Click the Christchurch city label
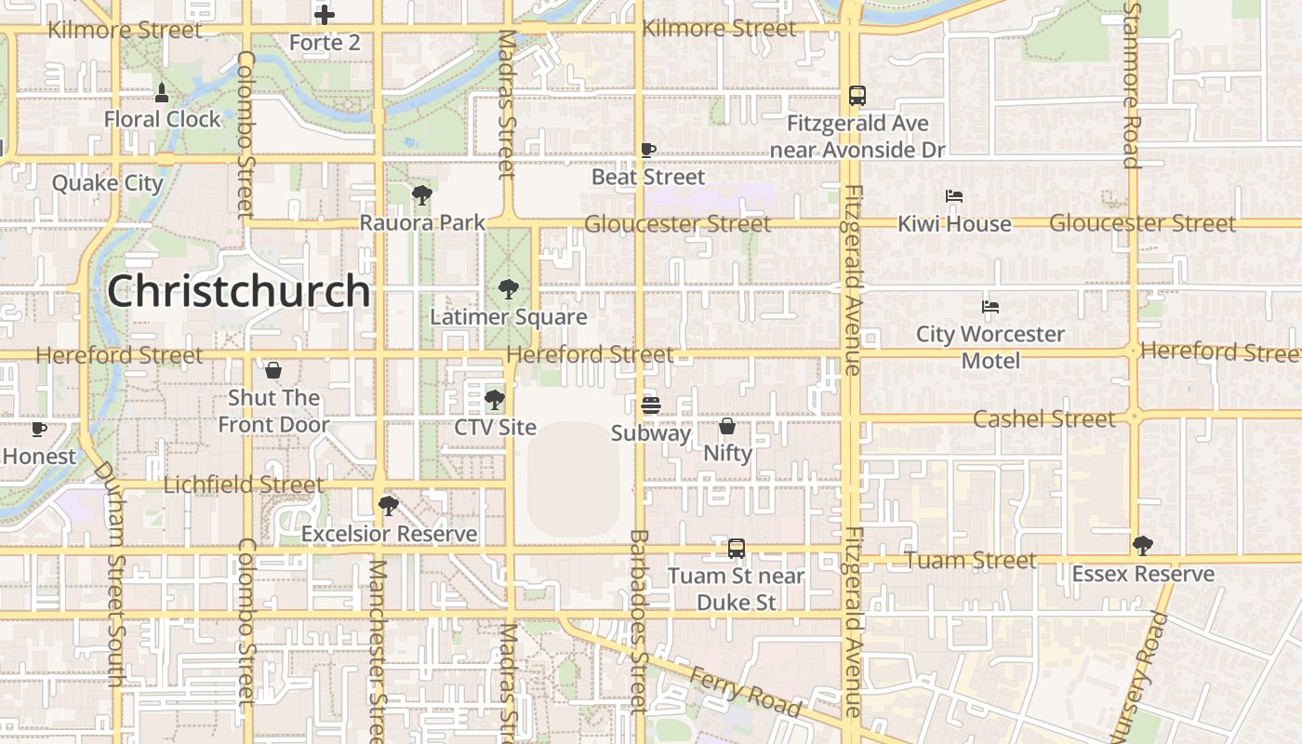click(x=239, y=291)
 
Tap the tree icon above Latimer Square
click(x=508, y=289)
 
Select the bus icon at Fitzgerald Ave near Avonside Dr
click(x=857, y=96)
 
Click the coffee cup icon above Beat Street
click(x=648, y=150)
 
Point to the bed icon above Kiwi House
click(x=954, y=196)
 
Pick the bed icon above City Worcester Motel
click(x=990, y=306)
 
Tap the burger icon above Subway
click(x=650, y=405)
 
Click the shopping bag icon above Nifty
click(x=727, y=426)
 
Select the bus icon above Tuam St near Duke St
click(x=737, y=549)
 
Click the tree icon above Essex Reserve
click(x=1142, y=546)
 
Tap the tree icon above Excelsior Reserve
click(x=389, y=506)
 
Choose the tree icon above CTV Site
click(x=495, y=400)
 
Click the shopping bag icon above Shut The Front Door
click(x=273, y=370)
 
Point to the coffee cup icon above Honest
click(x=38, y=429)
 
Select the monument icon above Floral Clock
click(x=162, y=92)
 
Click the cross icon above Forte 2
click(x=324, y=15)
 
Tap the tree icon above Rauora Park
click(x=422, y=195)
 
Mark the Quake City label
click(x=107, y=183)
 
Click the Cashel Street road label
click(x=1043, y=419)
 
